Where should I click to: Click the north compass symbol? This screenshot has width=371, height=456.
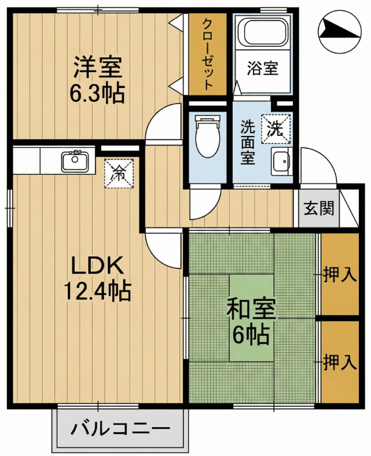340,32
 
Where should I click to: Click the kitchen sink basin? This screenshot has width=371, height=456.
75,161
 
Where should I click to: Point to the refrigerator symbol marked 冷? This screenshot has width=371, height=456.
119,174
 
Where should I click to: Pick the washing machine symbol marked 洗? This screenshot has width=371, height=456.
276,129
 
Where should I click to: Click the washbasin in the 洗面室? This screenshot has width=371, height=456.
281,161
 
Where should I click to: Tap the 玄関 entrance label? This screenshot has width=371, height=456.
319,208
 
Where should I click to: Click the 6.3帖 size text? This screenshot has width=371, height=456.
97,93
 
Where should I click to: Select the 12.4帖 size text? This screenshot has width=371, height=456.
97,291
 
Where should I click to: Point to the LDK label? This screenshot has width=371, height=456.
97,266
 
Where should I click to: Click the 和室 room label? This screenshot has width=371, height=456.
251,310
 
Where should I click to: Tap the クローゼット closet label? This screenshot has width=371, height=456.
207,54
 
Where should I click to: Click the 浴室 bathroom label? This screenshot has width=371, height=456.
263,68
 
